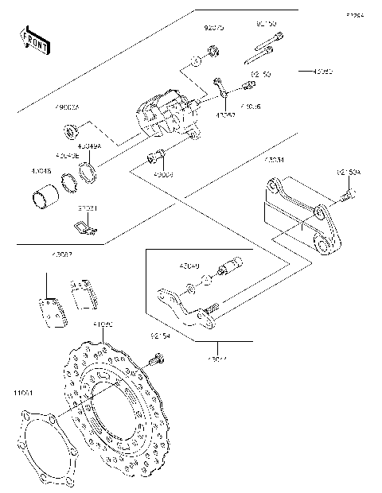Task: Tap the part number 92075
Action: (213, 28)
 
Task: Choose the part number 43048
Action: (42, 171)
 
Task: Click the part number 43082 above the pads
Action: (62, 255)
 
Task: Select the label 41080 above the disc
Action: (103, 325)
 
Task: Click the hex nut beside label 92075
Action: (212, 52)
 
